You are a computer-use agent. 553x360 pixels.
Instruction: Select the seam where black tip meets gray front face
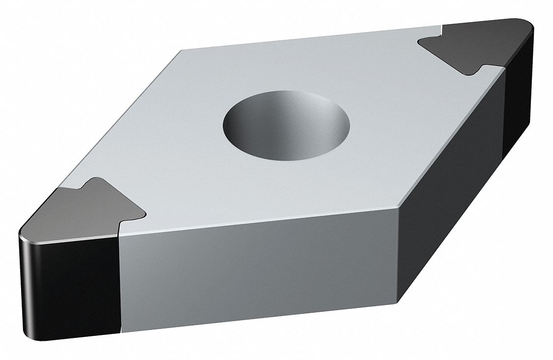(x=119, y=282)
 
